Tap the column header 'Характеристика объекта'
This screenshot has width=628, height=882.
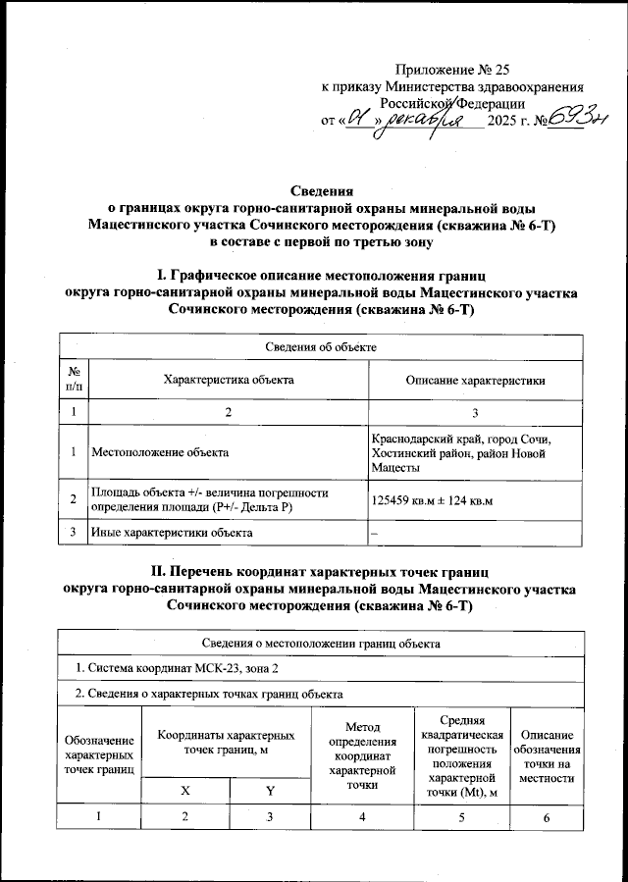[x=228, y=379]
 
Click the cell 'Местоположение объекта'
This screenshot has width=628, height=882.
[x=160, y=453]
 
